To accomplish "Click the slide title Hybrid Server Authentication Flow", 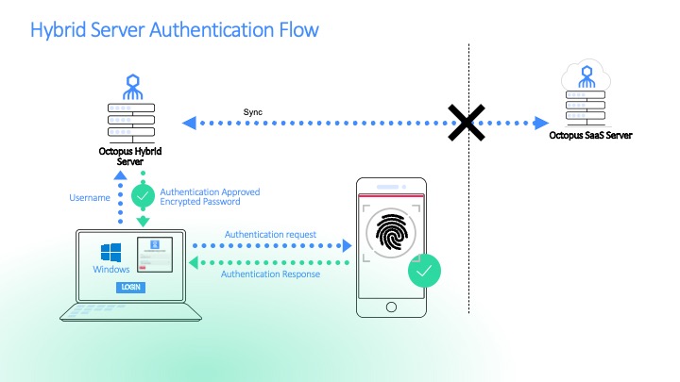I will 175,30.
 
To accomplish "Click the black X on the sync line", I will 466,123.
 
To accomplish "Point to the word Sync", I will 252,112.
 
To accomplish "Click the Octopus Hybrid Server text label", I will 129,156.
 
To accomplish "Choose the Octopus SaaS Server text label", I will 591,136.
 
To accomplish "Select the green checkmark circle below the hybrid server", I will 143,196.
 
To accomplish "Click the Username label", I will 92,198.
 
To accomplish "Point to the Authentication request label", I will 270,234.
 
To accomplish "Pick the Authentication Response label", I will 270,274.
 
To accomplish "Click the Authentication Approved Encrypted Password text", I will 210,196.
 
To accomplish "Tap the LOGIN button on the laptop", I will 130,287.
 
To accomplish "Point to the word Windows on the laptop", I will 111,270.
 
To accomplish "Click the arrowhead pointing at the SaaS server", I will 542,123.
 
